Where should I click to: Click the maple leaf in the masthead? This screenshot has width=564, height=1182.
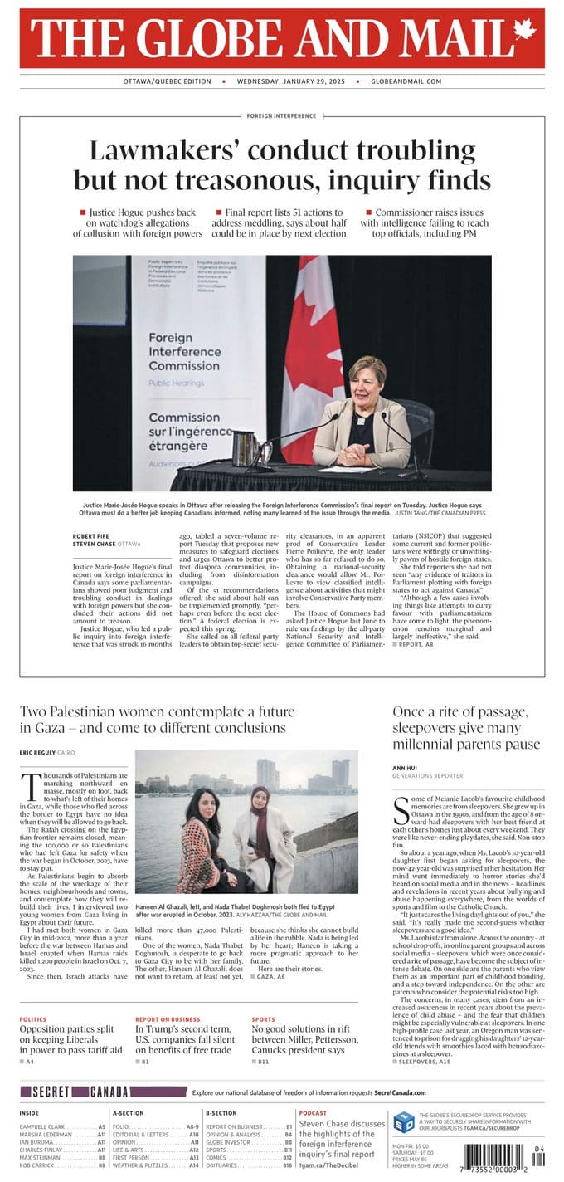click(x=523, y=30)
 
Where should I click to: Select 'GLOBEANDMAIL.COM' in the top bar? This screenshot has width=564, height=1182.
click(x=406, y=81)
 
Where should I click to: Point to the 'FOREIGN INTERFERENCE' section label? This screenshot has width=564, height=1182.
click(x=281, y=116)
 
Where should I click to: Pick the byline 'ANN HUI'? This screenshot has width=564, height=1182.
click(x=404, y=769)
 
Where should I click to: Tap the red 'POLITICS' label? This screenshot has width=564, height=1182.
click(x=33, y=1018)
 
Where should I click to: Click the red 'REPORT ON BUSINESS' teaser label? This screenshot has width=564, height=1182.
click(x=168, y=1018)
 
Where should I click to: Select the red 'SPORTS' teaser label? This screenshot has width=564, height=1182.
click(x=263, y=1018)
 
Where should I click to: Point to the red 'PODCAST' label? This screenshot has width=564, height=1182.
click(x=313, y=1113)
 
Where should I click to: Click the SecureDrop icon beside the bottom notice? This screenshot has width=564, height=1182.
click(x=403, y=1122)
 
